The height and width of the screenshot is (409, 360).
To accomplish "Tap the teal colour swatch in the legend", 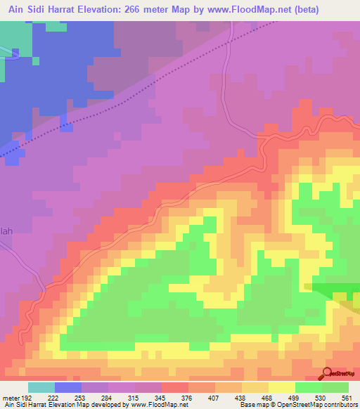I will pyautogui.click(x=41, y=387).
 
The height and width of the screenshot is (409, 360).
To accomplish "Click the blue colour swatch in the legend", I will pyautogui.click(x=68, y=387).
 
